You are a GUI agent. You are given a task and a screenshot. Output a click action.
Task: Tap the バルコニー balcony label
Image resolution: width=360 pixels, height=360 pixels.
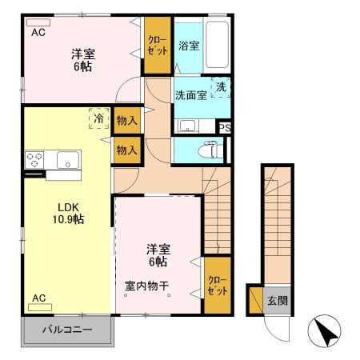67,330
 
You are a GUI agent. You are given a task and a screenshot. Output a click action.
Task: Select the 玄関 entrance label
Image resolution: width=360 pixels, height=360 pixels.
278,301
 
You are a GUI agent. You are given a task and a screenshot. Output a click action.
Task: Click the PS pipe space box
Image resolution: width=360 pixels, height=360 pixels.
225,126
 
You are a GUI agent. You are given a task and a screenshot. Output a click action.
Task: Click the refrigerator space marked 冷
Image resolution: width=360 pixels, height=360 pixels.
98,118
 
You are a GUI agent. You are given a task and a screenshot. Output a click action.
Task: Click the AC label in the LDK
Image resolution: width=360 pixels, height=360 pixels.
38,298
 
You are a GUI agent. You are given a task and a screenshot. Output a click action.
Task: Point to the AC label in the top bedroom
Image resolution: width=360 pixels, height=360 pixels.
38,33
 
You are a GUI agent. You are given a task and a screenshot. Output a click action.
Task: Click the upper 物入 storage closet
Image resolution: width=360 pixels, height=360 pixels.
126,121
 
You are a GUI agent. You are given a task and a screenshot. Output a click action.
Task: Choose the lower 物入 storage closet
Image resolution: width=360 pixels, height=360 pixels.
126,150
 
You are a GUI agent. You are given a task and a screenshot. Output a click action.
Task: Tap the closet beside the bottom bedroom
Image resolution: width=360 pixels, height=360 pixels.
217,286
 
